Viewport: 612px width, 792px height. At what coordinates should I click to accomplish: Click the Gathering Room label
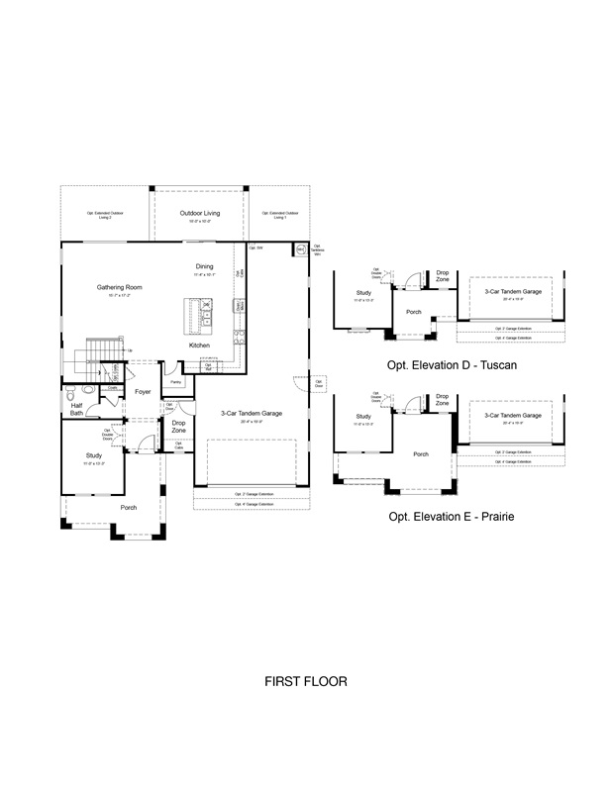[120, 287]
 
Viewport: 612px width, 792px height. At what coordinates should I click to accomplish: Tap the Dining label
[204, 266]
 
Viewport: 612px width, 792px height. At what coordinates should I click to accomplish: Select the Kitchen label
[199, 345]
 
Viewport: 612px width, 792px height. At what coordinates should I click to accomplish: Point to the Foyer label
[143, 392]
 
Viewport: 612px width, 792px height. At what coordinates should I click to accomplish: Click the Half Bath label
[76, 409]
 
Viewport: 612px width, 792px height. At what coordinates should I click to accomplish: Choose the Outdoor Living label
[199, 213]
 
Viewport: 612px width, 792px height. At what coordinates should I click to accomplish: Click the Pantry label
[174, 381]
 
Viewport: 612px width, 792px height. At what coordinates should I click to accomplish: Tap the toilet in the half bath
[88, 392]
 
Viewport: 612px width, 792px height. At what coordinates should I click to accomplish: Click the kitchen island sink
[207, 318]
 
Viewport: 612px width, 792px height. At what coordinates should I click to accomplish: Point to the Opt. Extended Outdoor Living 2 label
[104, 216]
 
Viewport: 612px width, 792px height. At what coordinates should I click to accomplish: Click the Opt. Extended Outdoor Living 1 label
[274, 216]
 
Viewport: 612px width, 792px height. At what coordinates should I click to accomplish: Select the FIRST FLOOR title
[306, 682]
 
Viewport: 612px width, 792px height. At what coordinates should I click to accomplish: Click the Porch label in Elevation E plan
[421, 454]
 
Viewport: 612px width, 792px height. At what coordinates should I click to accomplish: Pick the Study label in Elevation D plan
[363, 293]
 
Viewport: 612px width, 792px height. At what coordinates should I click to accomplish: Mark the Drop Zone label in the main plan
[179, 426]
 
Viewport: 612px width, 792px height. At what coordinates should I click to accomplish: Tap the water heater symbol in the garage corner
[298, 250]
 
